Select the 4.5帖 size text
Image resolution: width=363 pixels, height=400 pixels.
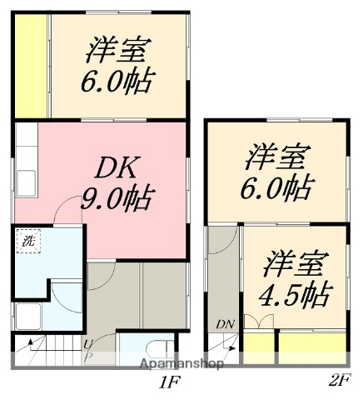coord(296,295)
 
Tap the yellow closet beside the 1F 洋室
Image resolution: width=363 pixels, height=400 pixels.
coord(31,62)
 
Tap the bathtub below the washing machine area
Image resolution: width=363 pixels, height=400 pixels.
coord(27,316)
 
